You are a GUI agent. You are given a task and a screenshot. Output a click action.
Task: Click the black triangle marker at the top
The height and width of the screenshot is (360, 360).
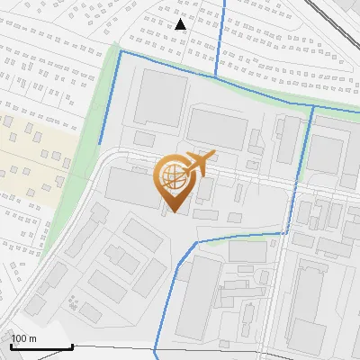[181, 23]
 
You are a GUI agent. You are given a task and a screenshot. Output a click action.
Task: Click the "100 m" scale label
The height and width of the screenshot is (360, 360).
[22, 338]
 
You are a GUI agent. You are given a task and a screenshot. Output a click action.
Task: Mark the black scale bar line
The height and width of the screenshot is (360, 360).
[41, 346]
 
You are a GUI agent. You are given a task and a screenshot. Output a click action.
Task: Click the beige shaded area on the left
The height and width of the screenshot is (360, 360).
[36, 157]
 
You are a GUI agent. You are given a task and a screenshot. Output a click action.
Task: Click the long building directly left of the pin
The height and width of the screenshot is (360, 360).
[132, 186]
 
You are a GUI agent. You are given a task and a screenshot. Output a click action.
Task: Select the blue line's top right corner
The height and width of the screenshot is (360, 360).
[312, 106]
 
